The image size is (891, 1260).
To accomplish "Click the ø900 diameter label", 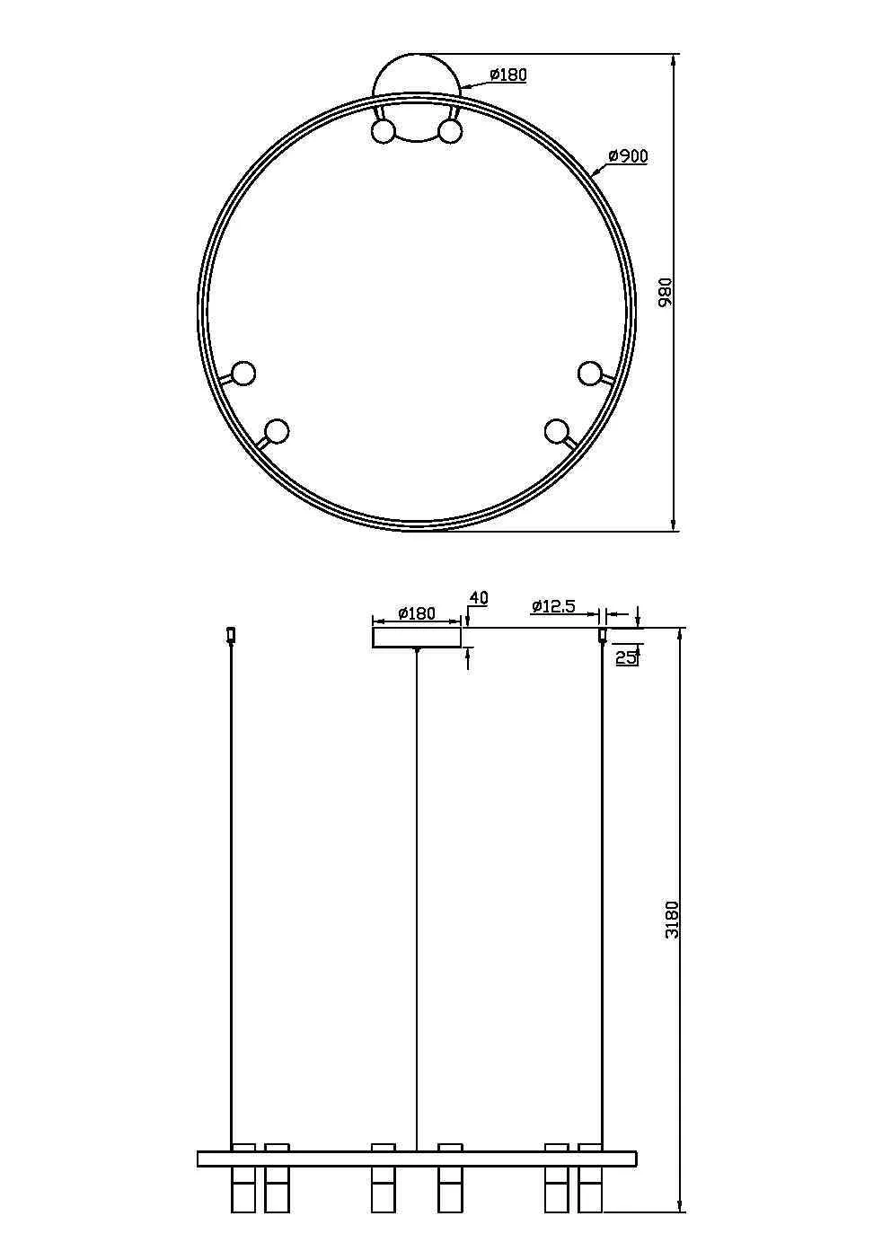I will tap(628, 156).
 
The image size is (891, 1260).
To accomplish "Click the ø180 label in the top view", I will tap(508, 75).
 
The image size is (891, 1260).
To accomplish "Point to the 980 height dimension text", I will tap(666, 293).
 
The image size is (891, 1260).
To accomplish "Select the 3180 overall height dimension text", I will tap(672, 919).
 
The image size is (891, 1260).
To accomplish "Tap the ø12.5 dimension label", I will tap(553, 606).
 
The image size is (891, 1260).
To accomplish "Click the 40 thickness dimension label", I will tap(479, 598).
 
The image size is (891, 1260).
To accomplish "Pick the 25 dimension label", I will tap(626, 657).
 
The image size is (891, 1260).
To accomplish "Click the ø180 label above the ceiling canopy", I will tap(416, 613).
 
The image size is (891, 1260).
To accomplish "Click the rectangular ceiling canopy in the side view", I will tap(417, 637).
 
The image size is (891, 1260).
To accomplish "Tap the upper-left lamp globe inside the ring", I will tap(384, 132).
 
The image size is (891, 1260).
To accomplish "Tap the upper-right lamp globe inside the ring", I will tap(450, 132).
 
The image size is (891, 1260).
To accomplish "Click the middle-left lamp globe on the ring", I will tap(243, 373).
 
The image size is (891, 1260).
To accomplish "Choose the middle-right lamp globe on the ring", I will tap(589, 373).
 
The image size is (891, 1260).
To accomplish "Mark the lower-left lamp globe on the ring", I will tap(278, 432).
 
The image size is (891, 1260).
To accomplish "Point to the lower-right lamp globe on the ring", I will tap(556, 431).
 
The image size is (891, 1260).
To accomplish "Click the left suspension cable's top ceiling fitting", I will tap(231, 635).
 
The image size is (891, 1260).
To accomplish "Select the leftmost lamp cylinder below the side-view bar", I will tap(243, 1190).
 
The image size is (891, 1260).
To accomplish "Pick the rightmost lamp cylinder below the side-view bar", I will tap(589, 1190).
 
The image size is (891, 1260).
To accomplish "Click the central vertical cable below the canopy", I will tap(417, 898).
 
